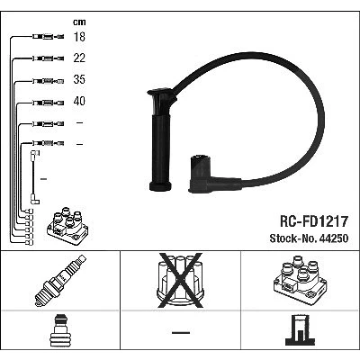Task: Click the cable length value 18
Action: (x=79, y=37)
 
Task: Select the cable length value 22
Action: (x=79, y=58)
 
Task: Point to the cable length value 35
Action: (x=79, y=79)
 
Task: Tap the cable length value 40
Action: (x=79, y=101)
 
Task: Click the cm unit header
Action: (x=79, y=22)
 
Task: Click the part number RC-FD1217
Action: (x=314, y=221)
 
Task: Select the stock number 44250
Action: (x=334, y=238)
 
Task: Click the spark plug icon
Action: (x=60, y=281)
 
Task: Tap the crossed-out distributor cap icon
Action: (x=180, y=281)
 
